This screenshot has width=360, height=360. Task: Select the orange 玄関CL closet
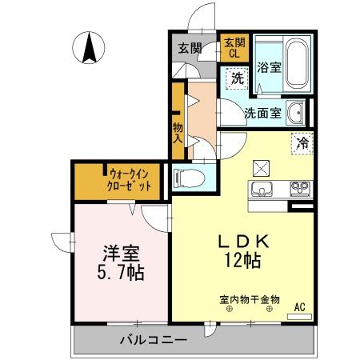[x=234, y=47]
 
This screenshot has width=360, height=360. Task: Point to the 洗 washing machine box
[x=236, y=78]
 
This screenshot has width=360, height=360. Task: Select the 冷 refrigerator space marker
[x=302, y=144]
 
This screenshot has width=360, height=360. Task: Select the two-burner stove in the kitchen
[x=300, y=190]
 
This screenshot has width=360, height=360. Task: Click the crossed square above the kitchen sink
[x=262, y=167]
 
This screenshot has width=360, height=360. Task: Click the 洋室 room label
[x=121, y=254]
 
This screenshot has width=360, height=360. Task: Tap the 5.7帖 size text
[x=122, y=273]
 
